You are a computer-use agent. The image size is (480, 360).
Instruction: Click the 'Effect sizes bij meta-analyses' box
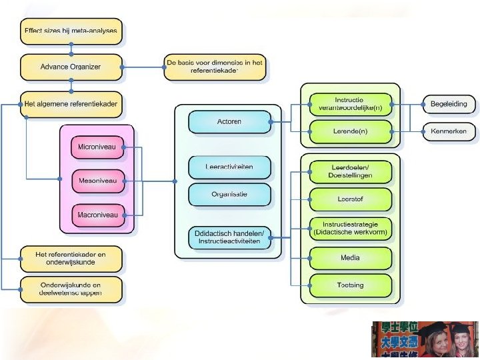click(x=71, y=31)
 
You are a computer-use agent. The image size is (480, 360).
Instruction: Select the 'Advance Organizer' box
click(x=71, y=67)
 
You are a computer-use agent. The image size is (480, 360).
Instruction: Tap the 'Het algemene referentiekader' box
click(x=71, y=103)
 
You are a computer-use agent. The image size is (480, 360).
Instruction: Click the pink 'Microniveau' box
click(x=97, y=147)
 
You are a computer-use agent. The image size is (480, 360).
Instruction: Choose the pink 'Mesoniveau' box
click(x=97, y=180)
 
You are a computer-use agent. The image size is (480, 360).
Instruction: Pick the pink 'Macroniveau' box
click(x=97, y=215)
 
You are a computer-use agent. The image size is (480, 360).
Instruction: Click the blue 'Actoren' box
click(x=229, y=122)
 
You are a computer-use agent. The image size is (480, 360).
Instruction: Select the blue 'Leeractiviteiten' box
click(x=229, y=167)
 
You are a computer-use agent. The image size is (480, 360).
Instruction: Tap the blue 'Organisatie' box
click(x=229, y=195)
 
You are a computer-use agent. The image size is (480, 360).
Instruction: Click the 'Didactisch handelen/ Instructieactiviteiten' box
click(x=229, y=237)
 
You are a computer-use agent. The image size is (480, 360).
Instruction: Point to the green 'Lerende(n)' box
click(x=350, y=131)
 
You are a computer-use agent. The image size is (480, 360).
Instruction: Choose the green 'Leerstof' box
click(x=350, y=199)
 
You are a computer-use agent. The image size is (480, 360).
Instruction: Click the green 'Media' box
click(x=350, y=257)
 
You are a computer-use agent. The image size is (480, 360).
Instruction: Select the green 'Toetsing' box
click(x=350, y=285)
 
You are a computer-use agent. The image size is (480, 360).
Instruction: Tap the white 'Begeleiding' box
click(x=449, y=104)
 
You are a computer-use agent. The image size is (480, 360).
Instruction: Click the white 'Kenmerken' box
click(x=449, y=131)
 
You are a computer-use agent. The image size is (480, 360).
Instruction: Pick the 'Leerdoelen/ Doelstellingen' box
click(x=350, y=172)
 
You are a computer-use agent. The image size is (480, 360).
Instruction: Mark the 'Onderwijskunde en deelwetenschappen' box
click(x=71, y=289)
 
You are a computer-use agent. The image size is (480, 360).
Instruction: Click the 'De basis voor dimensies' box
click(x=215, y=67)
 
